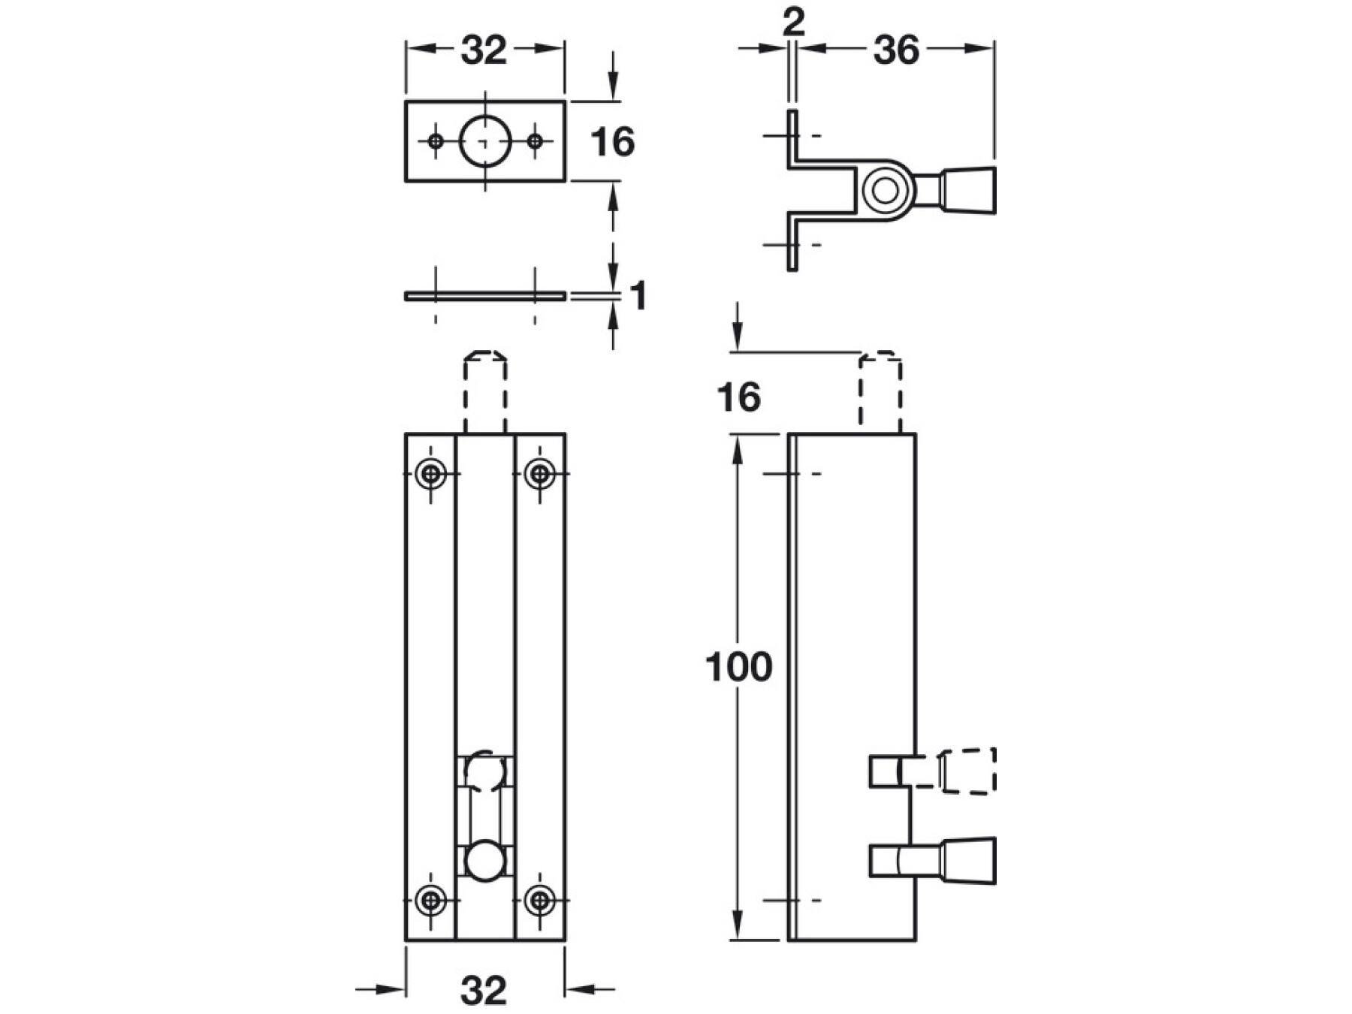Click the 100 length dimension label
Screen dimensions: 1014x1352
(x=738, y=667)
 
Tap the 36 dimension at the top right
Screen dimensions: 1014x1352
(x=896, y=50)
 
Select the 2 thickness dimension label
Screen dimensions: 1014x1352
(x=793, y=23)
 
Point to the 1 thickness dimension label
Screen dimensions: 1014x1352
(x=638, y=296)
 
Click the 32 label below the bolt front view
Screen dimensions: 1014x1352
(x=484, y=990)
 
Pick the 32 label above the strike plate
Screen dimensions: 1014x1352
(x=484, y=50)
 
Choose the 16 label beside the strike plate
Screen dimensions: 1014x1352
(x=612, y=142)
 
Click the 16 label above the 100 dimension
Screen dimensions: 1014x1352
(x=738, y=397)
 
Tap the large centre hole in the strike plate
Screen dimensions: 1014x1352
(x=485, y=141)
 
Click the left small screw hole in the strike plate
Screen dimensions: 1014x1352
(x=436, y=141)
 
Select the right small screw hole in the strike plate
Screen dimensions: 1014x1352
(x=535, y=141)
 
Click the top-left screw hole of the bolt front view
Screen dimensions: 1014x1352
(x=430, y=474)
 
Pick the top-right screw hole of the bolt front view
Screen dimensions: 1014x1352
(x=539, y=474)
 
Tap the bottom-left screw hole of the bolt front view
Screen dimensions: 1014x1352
(x=430, y=899)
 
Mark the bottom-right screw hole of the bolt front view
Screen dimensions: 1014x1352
(x=539, y=899)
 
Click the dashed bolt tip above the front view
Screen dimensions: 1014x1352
(x=485, y=391)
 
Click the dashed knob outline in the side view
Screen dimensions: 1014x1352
(x=969, y=771)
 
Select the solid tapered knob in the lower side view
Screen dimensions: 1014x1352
(x=969, y=861)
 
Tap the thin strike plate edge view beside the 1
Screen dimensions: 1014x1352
(x=485, y=296)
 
